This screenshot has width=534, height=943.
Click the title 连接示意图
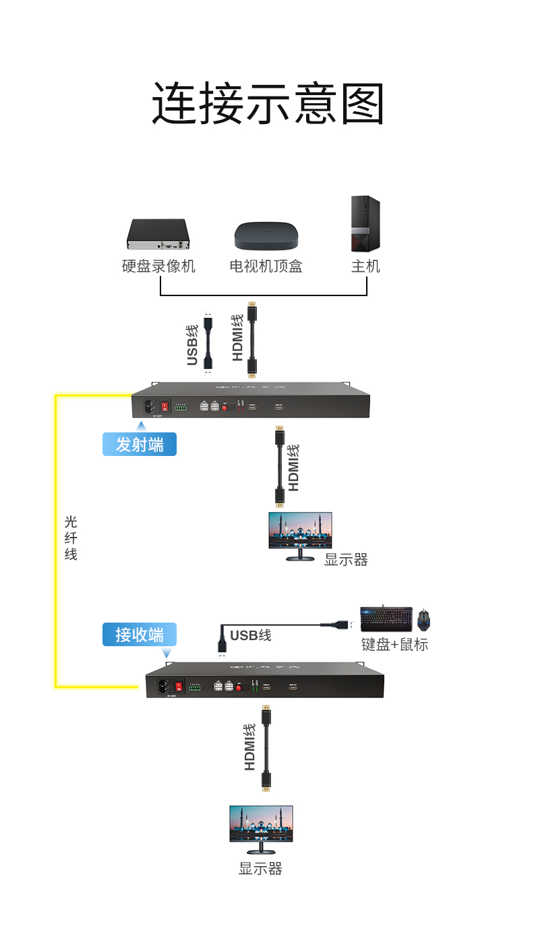tap(268, 103)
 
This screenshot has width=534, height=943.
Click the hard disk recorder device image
tap(158, 234)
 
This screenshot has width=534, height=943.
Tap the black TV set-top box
tap(266, 235)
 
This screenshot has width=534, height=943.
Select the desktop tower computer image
tap(365, 225)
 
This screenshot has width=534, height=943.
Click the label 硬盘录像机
tap(158, 266)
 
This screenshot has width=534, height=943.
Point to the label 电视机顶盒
tap(266, 266)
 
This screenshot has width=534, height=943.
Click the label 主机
tap(365, 266)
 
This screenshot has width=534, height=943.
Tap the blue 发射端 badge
tap(140, 445)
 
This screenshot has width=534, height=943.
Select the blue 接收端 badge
tap(140, 635)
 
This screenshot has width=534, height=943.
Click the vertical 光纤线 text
tap(71, 538)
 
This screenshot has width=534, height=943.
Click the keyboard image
tap(386, 619)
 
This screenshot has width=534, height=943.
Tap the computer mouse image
tap(423, 619)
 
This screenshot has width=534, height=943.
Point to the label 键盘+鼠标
tap(394, 645)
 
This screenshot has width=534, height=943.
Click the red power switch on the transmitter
tap(164, 407)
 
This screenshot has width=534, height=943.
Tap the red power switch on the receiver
tap(179, 687)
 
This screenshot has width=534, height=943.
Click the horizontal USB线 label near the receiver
tap(250, 635)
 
